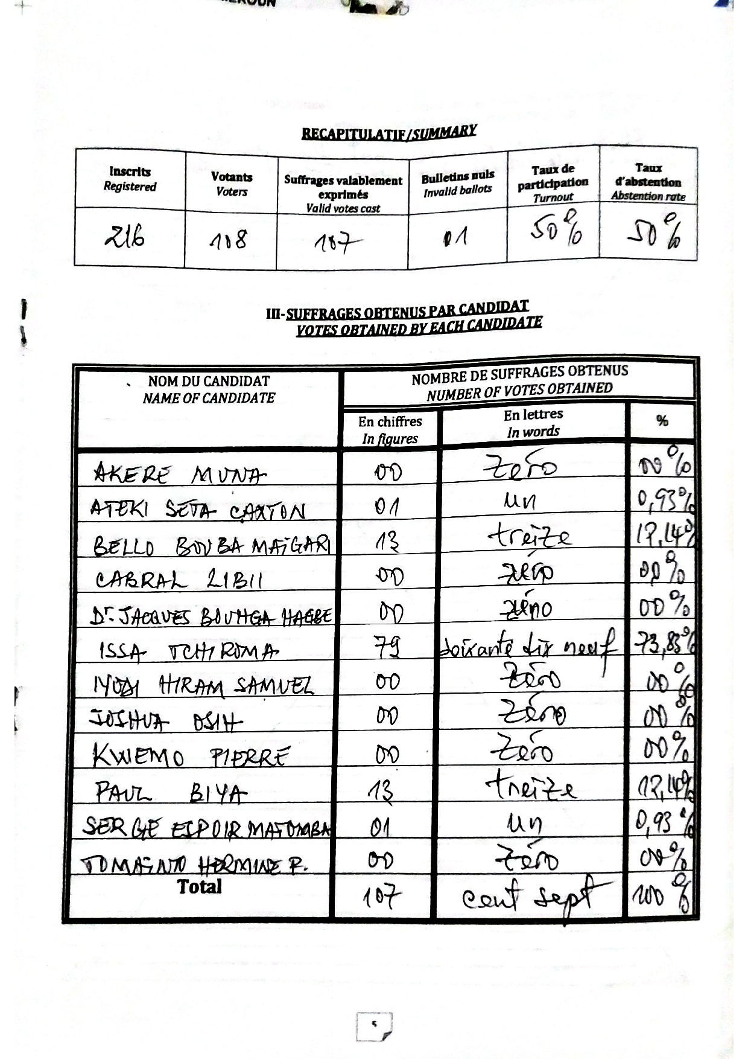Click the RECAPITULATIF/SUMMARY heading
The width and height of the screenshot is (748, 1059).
point(389,132)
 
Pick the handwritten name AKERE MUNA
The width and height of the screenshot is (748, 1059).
point(179,475)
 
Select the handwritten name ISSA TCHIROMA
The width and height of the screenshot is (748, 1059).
point(188,651)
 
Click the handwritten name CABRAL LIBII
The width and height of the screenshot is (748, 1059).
point(179,580)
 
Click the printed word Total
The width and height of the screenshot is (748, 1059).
point(200,887)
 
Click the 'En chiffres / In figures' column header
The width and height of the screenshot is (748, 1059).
point(390,429)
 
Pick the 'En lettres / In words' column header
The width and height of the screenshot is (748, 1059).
point(533,423)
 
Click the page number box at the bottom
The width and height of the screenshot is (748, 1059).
point(374,1026)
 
